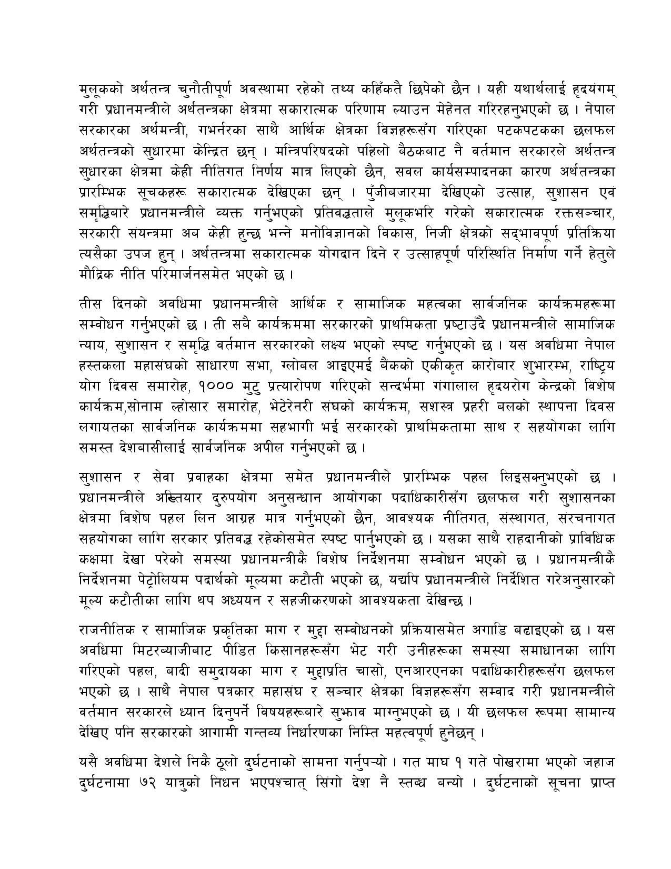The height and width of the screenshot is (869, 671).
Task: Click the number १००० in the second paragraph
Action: [x=215, y=387]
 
